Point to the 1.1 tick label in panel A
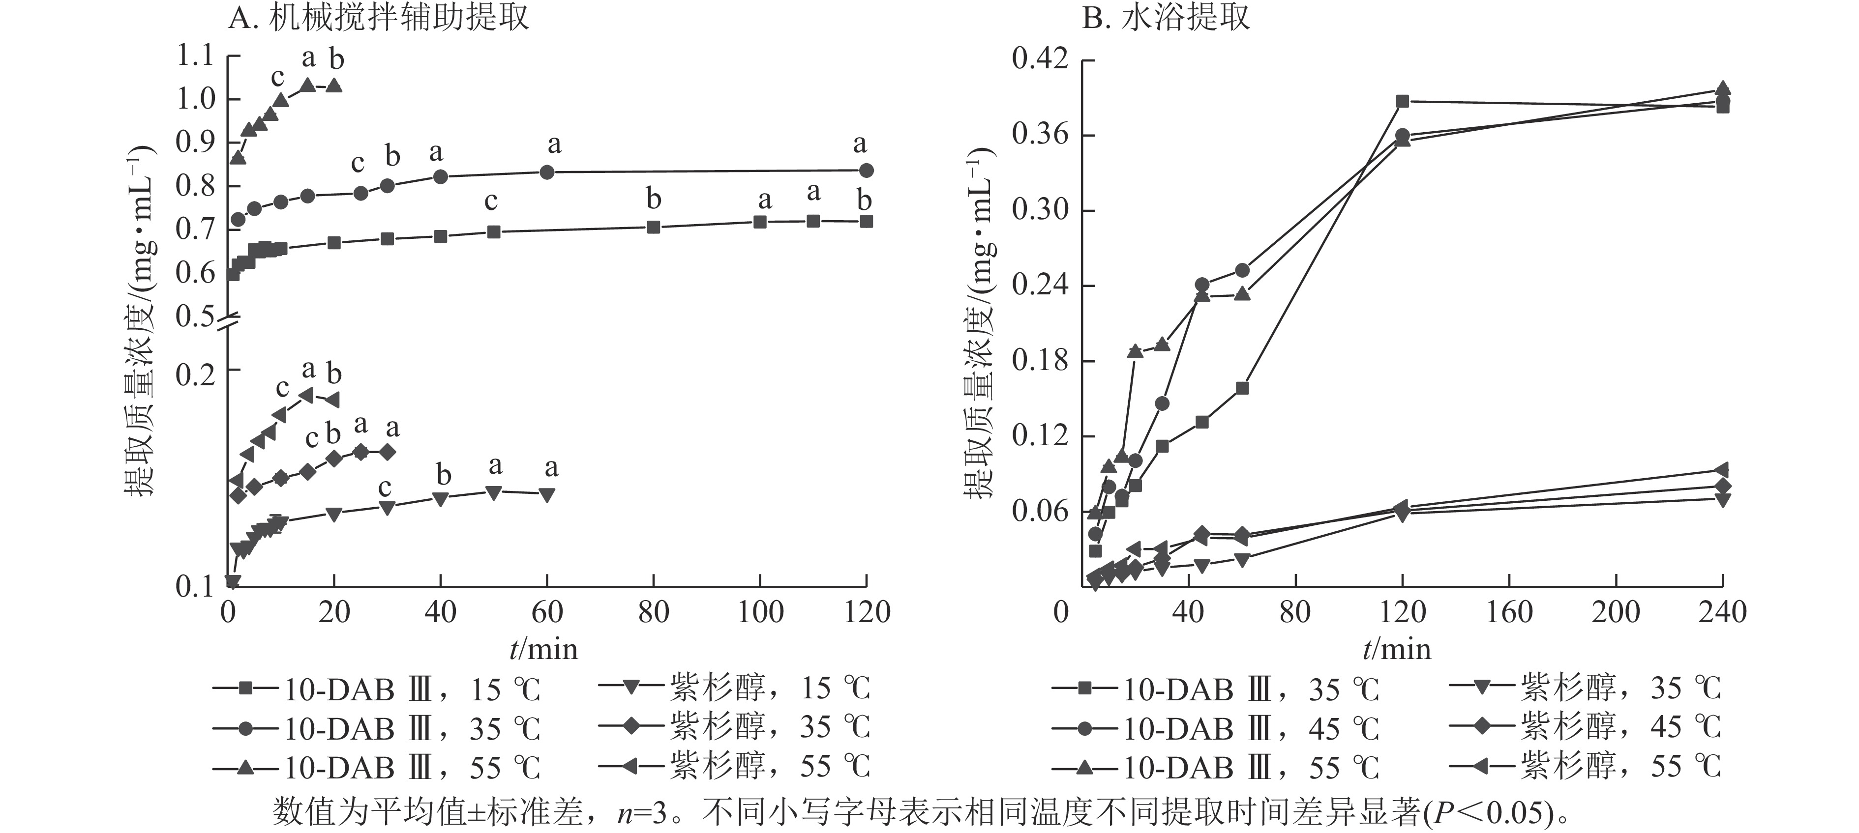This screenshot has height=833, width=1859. [196, 56]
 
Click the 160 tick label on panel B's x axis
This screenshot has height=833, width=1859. [1508, 612]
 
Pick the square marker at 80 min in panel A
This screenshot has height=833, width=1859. [654, 227]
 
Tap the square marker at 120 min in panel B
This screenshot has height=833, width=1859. [1402, 101]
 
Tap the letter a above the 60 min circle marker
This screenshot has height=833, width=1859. [553, 145]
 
